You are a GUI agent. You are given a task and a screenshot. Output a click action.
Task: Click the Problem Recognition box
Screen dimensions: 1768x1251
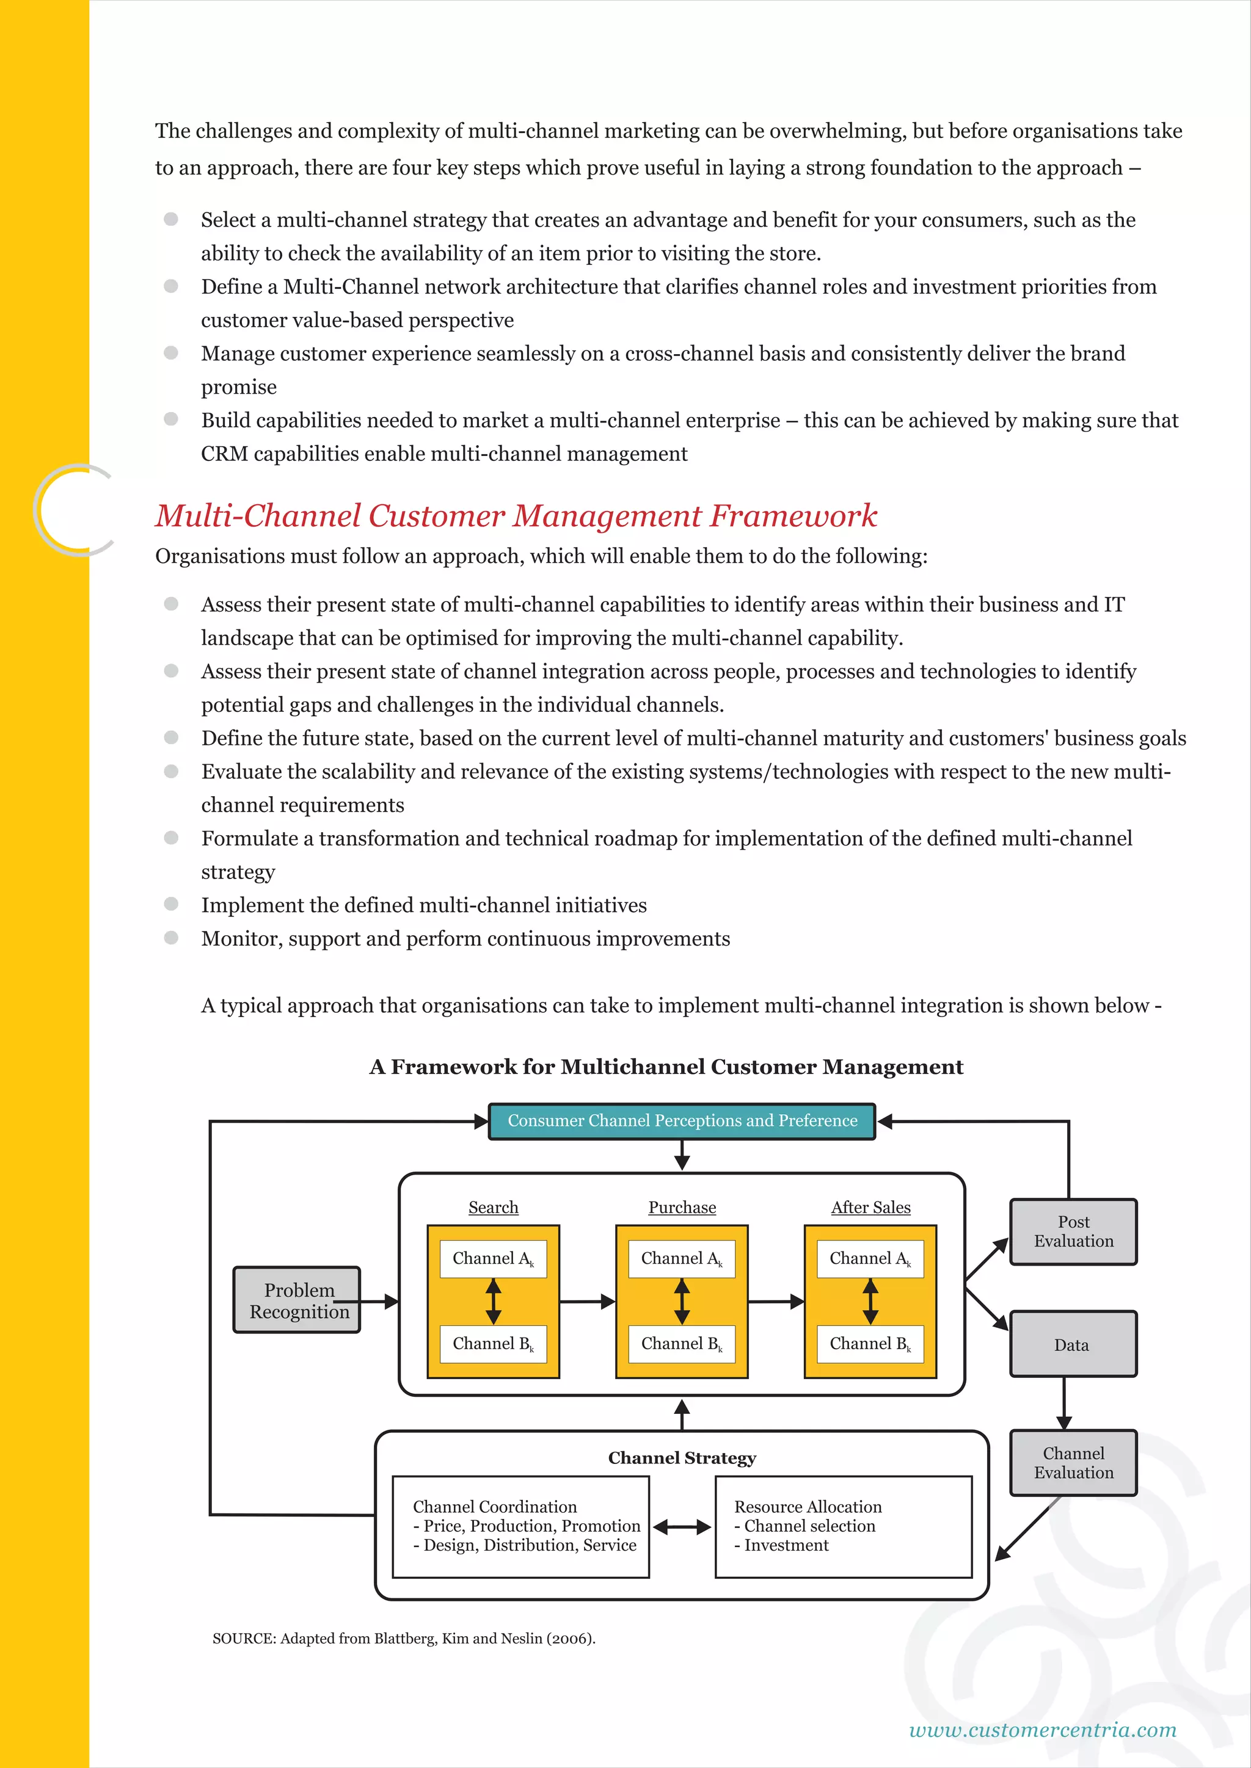coord(297,1300)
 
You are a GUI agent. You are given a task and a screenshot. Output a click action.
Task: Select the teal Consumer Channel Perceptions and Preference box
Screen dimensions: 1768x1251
coord(682,1121)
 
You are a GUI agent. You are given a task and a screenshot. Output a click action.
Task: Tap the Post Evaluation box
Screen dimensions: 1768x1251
coord(1073,1231)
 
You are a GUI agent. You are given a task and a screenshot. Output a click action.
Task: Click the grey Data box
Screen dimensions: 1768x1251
coord(1073,1344)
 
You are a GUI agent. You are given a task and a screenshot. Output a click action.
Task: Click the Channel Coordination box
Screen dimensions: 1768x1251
coord(520,1526)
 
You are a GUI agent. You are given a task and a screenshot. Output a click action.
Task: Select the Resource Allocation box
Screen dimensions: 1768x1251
coord(844,1526)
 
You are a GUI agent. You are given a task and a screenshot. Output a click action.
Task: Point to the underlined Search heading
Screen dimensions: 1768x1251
coord(493,1208)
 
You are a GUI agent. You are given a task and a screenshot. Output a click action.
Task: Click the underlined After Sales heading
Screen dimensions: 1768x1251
coord(870,1208)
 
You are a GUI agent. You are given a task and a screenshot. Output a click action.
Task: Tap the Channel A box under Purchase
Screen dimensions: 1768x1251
coord(682,1258)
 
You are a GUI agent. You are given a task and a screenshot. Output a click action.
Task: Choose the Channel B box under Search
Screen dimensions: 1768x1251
coord(493,1344)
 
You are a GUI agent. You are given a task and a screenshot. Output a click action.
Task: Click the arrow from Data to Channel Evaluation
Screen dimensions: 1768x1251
coord(1064,1403)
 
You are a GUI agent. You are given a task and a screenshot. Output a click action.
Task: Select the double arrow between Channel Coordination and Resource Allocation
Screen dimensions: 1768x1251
coord(682,1526)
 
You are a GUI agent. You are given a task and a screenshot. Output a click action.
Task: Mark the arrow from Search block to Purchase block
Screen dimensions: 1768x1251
coord(587,1302)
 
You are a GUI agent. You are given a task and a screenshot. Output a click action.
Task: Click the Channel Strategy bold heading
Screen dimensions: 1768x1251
coord(682,1458)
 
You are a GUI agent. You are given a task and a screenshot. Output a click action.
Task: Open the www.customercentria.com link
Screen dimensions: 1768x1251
coord(1042,1730)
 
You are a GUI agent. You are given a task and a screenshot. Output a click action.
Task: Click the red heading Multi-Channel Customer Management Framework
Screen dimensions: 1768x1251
coord(516,516)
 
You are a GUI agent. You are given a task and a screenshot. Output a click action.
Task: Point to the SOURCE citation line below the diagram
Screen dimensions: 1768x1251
coord(404,1639)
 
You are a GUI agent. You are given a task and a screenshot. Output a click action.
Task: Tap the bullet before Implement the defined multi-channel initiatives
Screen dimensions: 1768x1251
coord(171,904)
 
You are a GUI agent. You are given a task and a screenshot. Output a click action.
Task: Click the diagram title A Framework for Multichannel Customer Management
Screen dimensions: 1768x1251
coord(666,1067)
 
